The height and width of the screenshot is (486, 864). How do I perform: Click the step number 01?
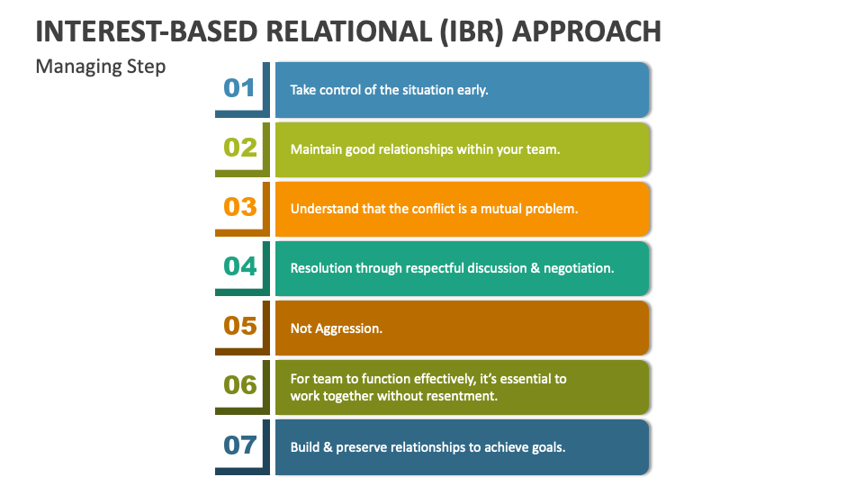pos(239,87)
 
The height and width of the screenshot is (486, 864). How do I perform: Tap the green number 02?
pos(239,147)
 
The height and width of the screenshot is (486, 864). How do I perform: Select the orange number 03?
pos(239,206)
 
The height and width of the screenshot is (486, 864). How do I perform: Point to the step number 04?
pos(239,265)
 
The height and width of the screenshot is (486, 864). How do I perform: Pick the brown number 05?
pos(239,325)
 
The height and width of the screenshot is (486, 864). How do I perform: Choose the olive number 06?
pos(239,384)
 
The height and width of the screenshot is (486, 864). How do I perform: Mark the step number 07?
pos(239,444)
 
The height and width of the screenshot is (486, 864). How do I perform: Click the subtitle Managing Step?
pos(100,67)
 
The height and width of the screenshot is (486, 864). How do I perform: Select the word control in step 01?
pos(346,90)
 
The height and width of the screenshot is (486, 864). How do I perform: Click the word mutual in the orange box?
pos(495,209)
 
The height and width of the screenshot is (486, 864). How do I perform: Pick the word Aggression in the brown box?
pos(348,328)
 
